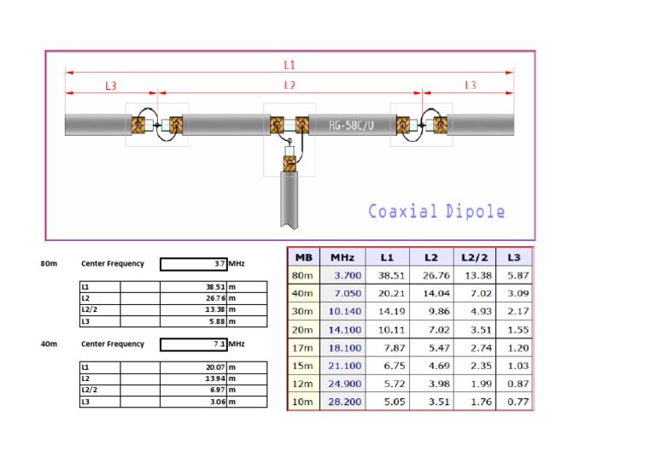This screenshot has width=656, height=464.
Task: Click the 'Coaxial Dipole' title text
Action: tap(436, 211)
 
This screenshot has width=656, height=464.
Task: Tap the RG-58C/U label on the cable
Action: tap(357, 126)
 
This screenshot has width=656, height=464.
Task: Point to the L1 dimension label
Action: tap(290, 64)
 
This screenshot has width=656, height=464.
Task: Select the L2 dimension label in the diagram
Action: tap(290, 85)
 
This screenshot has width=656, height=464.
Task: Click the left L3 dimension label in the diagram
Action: tap(111, 85)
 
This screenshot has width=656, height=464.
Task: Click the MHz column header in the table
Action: tap(343, 257)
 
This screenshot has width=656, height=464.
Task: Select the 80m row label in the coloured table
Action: tap(303, 276)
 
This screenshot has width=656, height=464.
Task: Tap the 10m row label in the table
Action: tap(303, 402)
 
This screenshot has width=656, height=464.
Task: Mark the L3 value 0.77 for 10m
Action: tap(512, 402)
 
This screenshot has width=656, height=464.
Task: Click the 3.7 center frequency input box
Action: tap(193, 264)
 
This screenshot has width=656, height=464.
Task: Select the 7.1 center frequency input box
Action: tap(193, 344)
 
